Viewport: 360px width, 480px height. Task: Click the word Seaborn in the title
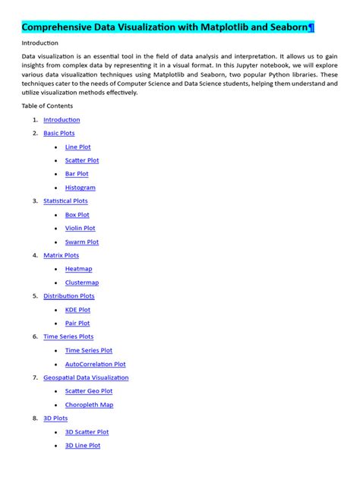285,27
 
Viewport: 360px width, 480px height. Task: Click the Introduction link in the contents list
62,120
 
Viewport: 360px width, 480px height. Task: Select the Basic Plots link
59,133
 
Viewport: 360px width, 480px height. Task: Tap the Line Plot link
78,147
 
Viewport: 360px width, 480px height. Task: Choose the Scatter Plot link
82,160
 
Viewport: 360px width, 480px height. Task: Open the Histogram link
81,188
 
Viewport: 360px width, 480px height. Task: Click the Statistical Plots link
65,201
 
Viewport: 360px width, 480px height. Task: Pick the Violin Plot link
81,228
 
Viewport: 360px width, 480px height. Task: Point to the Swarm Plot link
82,242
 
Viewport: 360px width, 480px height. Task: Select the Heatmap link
79,269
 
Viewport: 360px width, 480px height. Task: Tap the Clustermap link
82,283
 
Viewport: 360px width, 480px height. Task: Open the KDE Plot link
77,310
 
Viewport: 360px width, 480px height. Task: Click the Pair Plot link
77,324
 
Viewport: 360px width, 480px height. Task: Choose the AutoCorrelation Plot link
96,365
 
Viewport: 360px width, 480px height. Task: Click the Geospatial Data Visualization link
86,377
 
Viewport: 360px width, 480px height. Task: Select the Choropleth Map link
90,405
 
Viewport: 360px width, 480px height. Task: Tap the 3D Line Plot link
83,446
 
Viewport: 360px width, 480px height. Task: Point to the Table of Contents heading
48,106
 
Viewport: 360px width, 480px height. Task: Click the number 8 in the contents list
35,418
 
